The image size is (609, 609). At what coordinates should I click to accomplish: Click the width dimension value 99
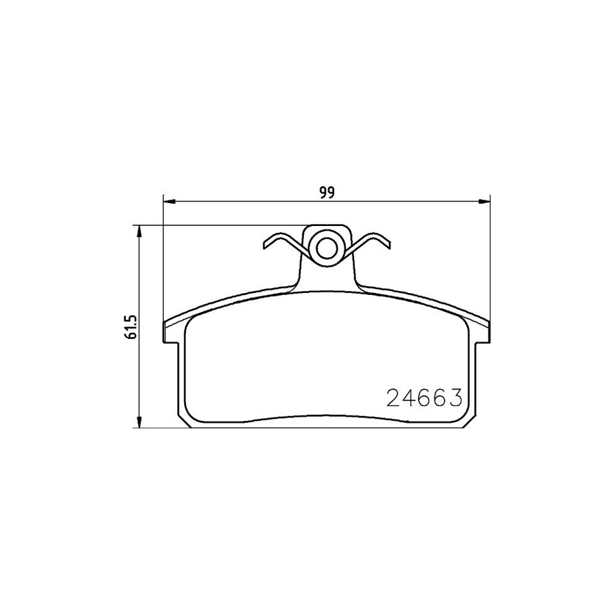coord(327,192)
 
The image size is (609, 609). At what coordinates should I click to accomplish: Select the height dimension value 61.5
coord(132,327)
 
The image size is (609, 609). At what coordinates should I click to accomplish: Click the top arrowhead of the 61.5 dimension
coord(139,231)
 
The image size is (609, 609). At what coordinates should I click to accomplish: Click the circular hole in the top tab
coord(327,248)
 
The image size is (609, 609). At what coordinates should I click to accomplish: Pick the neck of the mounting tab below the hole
coord(327,277)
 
